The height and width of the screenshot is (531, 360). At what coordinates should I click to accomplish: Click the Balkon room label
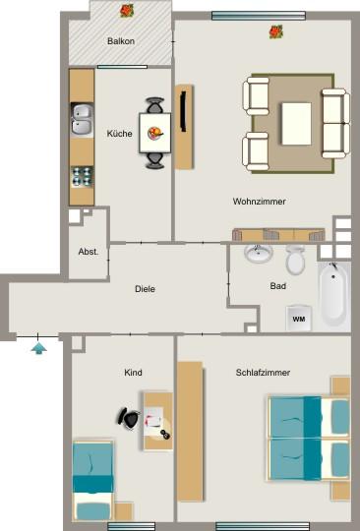121,41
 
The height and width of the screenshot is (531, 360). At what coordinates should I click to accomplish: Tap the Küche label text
120,134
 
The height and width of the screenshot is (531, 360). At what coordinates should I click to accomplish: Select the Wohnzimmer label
260,202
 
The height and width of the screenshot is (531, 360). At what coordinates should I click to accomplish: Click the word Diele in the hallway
146,288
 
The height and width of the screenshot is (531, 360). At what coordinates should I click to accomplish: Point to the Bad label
277,286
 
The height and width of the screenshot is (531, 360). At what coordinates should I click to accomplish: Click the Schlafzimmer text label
263,373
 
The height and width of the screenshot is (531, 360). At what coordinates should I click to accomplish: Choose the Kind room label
133,374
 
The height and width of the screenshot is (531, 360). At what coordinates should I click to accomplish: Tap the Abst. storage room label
88,252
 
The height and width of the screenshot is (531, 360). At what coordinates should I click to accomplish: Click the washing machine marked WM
299,318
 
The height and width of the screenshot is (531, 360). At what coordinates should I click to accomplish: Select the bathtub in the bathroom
333,294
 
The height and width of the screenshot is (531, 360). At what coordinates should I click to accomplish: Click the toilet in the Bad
295,260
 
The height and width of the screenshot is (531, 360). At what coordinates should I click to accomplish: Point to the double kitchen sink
83,119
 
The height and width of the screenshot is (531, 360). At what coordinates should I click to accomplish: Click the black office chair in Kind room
129,417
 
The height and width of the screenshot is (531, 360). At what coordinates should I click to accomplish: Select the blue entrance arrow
38,346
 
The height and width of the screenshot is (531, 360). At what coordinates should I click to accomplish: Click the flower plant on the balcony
126,11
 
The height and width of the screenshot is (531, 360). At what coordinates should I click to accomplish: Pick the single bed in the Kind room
93,481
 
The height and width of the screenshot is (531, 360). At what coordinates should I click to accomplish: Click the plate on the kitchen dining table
154,130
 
